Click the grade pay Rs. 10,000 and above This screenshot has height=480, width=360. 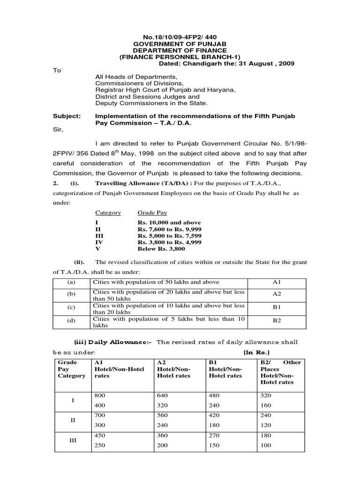pyautogui.click(x=169, y=223)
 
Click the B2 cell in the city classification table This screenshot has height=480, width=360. pyautogui.click(x=276, y=322)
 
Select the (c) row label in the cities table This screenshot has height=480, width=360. pyautogui.click(x=72, y=308)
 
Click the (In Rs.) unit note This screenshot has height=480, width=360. pyautogui.click(x=256, y=352)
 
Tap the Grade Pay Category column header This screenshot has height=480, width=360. pyautogui.click(x=71, y=369)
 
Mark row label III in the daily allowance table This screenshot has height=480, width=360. pyautogui.click(x=72, y=440)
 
